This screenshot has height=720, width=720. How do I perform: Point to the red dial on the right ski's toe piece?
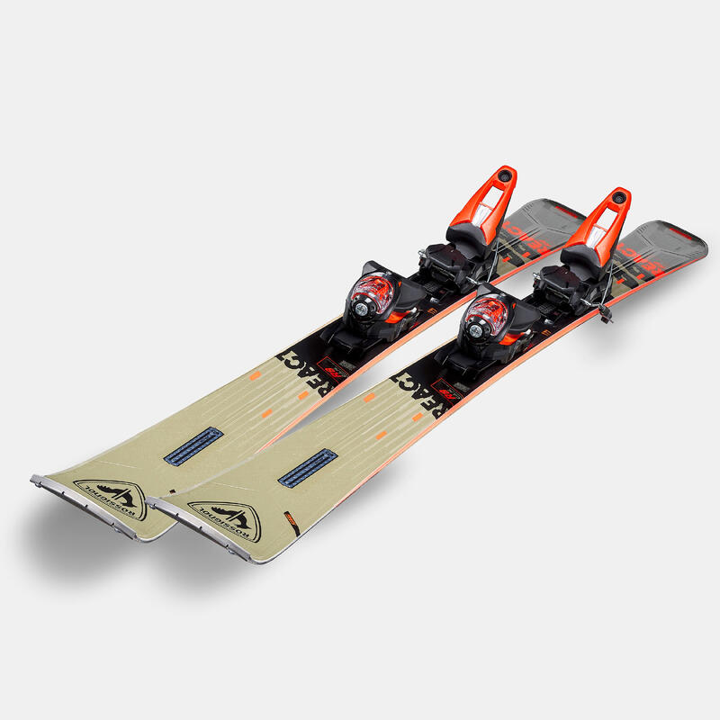click(487, 316)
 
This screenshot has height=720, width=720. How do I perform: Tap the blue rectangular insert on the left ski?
click(193, 445)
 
